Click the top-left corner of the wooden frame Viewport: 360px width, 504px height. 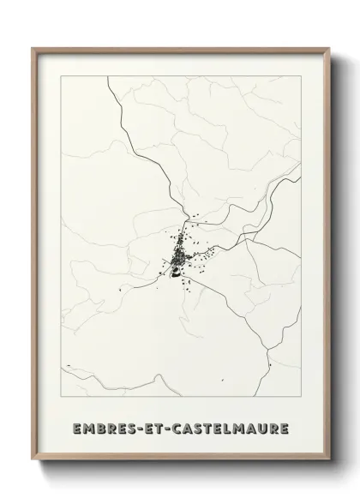point(33,48)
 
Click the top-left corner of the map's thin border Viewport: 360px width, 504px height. point(62,76)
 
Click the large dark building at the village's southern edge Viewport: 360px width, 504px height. point(177,274)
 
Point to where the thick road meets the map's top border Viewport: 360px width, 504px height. point(109,76)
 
